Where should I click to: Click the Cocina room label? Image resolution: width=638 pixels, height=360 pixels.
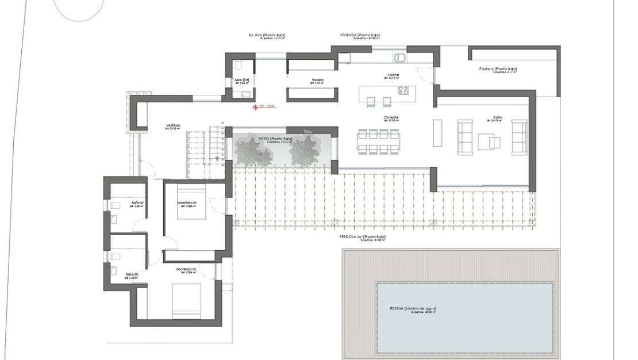tap(393, 75)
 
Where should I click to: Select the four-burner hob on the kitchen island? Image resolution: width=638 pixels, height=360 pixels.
tap(403, 90)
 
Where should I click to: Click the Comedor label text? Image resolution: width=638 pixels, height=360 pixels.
tap(391, 117)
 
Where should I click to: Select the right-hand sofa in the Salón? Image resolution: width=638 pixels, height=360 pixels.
tap(519, 137)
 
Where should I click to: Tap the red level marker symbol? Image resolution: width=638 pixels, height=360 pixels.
tap(256, 106)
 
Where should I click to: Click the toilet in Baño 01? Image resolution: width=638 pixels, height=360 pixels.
tap(114, 205)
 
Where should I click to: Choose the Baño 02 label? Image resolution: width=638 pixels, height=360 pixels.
tap(133, 274)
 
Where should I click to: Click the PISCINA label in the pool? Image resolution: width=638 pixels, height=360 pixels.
tap(412, 308)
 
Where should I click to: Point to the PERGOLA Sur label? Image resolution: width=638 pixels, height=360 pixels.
tap(362, 237)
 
